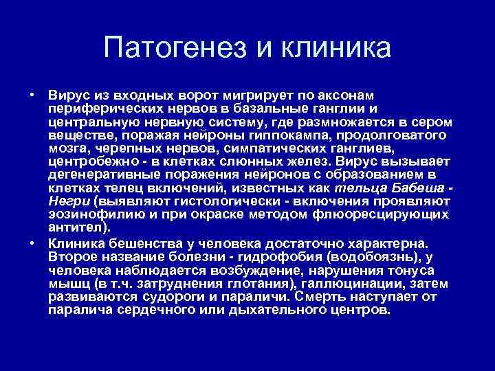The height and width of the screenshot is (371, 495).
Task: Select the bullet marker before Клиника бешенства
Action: [32, 243]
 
